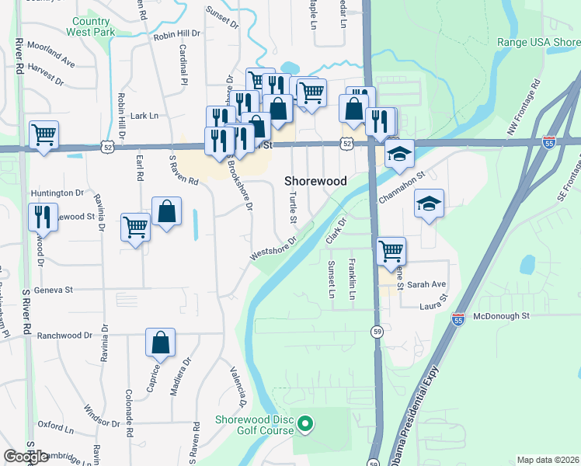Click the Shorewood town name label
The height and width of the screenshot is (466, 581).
click(315, 180)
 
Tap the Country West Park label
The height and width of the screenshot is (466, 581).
click(93, 27)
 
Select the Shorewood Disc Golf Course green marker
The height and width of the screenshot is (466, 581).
click(305, 423)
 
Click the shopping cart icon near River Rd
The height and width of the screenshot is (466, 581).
click(44, 134)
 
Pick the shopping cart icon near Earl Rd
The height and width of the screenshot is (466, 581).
click(136, 228)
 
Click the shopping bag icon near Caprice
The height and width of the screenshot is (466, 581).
click(160, 342)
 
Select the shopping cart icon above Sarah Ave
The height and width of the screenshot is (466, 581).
click(390, 251)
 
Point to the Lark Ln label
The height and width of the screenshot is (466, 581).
click(144, 116)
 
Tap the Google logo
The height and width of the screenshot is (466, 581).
click(26, 457)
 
